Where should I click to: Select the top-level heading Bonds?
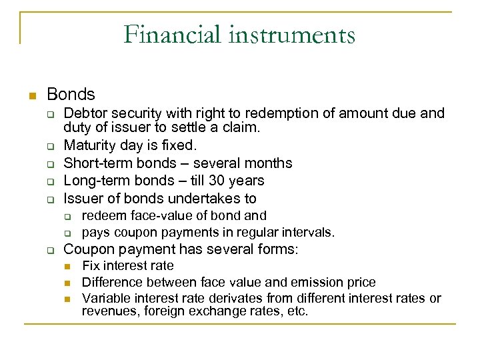click(x=71, y=95)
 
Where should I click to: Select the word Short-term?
click(x=95, y=163)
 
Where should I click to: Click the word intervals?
click(x=311, y=233)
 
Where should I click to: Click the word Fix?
click(x=90, y=266)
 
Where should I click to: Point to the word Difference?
click(x=109, y=282)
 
